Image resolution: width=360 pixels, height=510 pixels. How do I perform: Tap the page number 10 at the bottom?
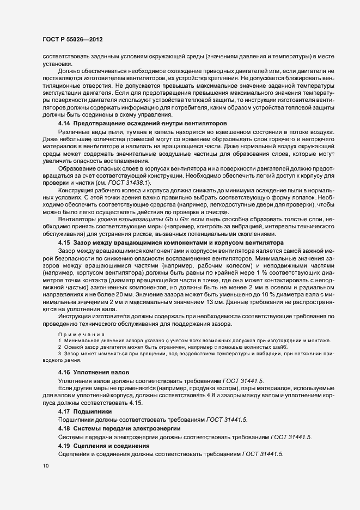coord(45,466)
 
